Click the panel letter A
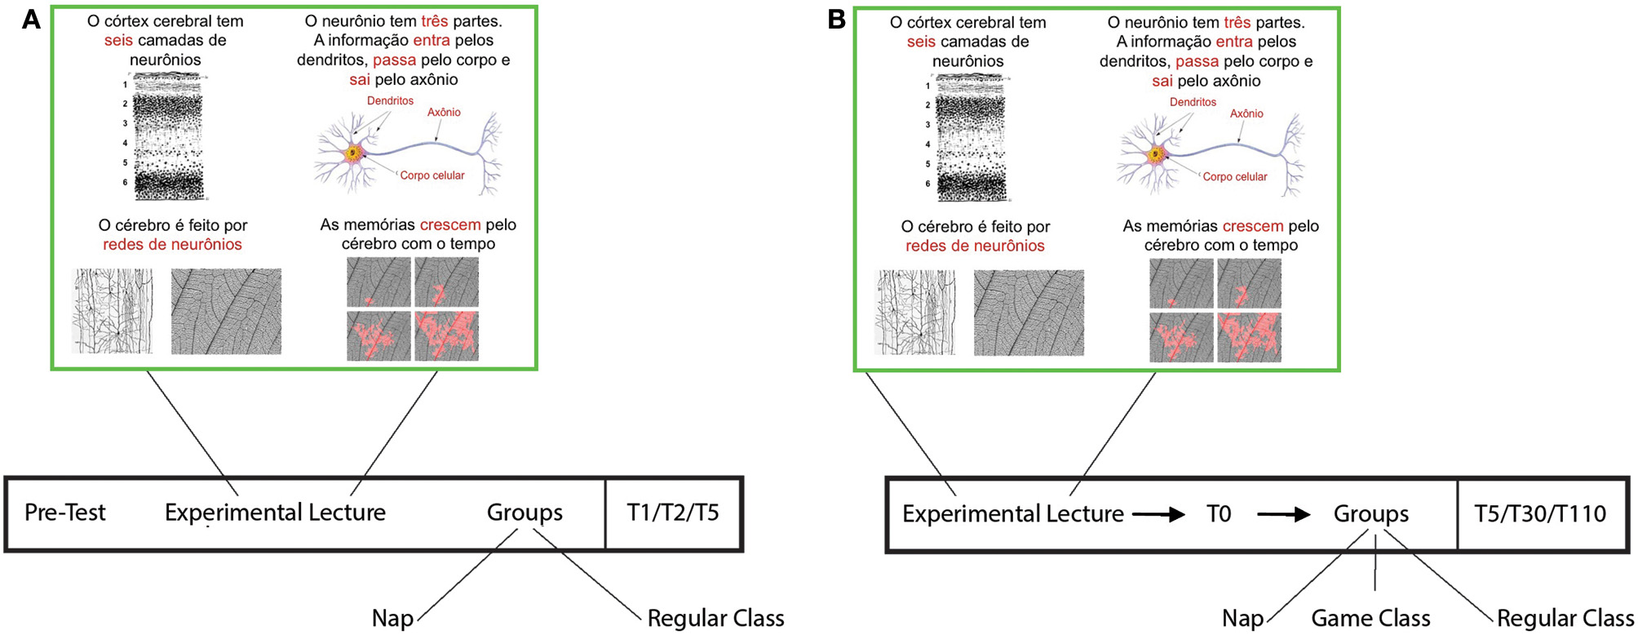point(31,20)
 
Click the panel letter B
point(836,20)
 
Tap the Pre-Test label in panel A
point(65,513)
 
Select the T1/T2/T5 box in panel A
point(673,513)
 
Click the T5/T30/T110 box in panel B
point(1540,514)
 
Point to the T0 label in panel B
point(1219,514)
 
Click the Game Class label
point(1370,619)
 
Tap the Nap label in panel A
point(392,619)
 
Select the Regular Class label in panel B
point(1565,619)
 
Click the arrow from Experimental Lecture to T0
point(1158,515)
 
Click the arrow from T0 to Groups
point(1283,515)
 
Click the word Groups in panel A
point(525,513)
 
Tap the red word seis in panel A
point(118,40)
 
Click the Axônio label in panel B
point(1246,113)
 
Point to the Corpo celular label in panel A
point(432,175)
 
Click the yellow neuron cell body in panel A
point(353,152)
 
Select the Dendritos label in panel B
point(1193,102)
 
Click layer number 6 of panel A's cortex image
point(125,182)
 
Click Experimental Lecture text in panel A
point(275,513)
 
